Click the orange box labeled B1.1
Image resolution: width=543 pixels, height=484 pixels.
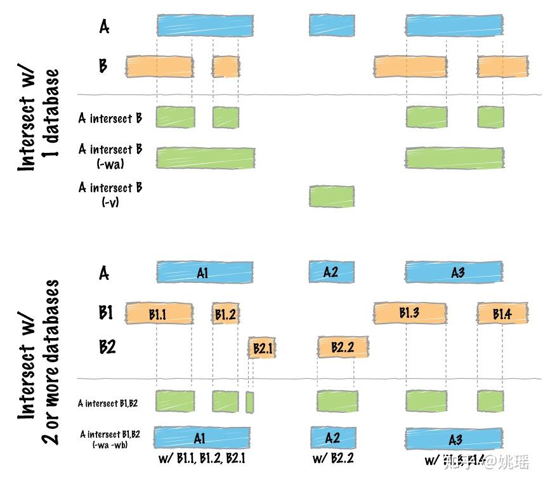point(159,313)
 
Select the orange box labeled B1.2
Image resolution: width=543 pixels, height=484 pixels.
point(225,313)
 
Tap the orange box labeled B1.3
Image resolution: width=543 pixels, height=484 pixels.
point(409,313)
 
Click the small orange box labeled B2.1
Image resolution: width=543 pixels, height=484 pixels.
point(262,348)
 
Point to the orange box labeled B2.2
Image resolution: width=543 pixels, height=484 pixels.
point(343,348)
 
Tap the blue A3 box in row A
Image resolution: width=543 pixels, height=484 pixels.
point(454,273)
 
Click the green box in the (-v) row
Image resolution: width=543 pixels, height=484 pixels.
point(331,196)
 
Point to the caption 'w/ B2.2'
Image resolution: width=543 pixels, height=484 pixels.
point(333,459)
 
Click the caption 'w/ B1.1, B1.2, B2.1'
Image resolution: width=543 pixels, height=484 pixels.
point(201,459)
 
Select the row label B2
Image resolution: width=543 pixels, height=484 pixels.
point(107,347)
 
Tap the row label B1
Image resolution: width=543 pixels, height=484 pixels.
point(106,313)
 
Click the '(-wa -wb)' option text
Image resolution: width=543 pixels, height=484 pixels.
point(110,445)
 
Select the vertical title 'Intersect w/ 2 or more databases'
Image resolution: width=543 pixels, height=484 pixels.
point(39,362)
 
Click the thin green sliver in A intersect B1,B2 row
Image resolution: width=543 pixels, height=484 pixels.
point(249,402)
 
